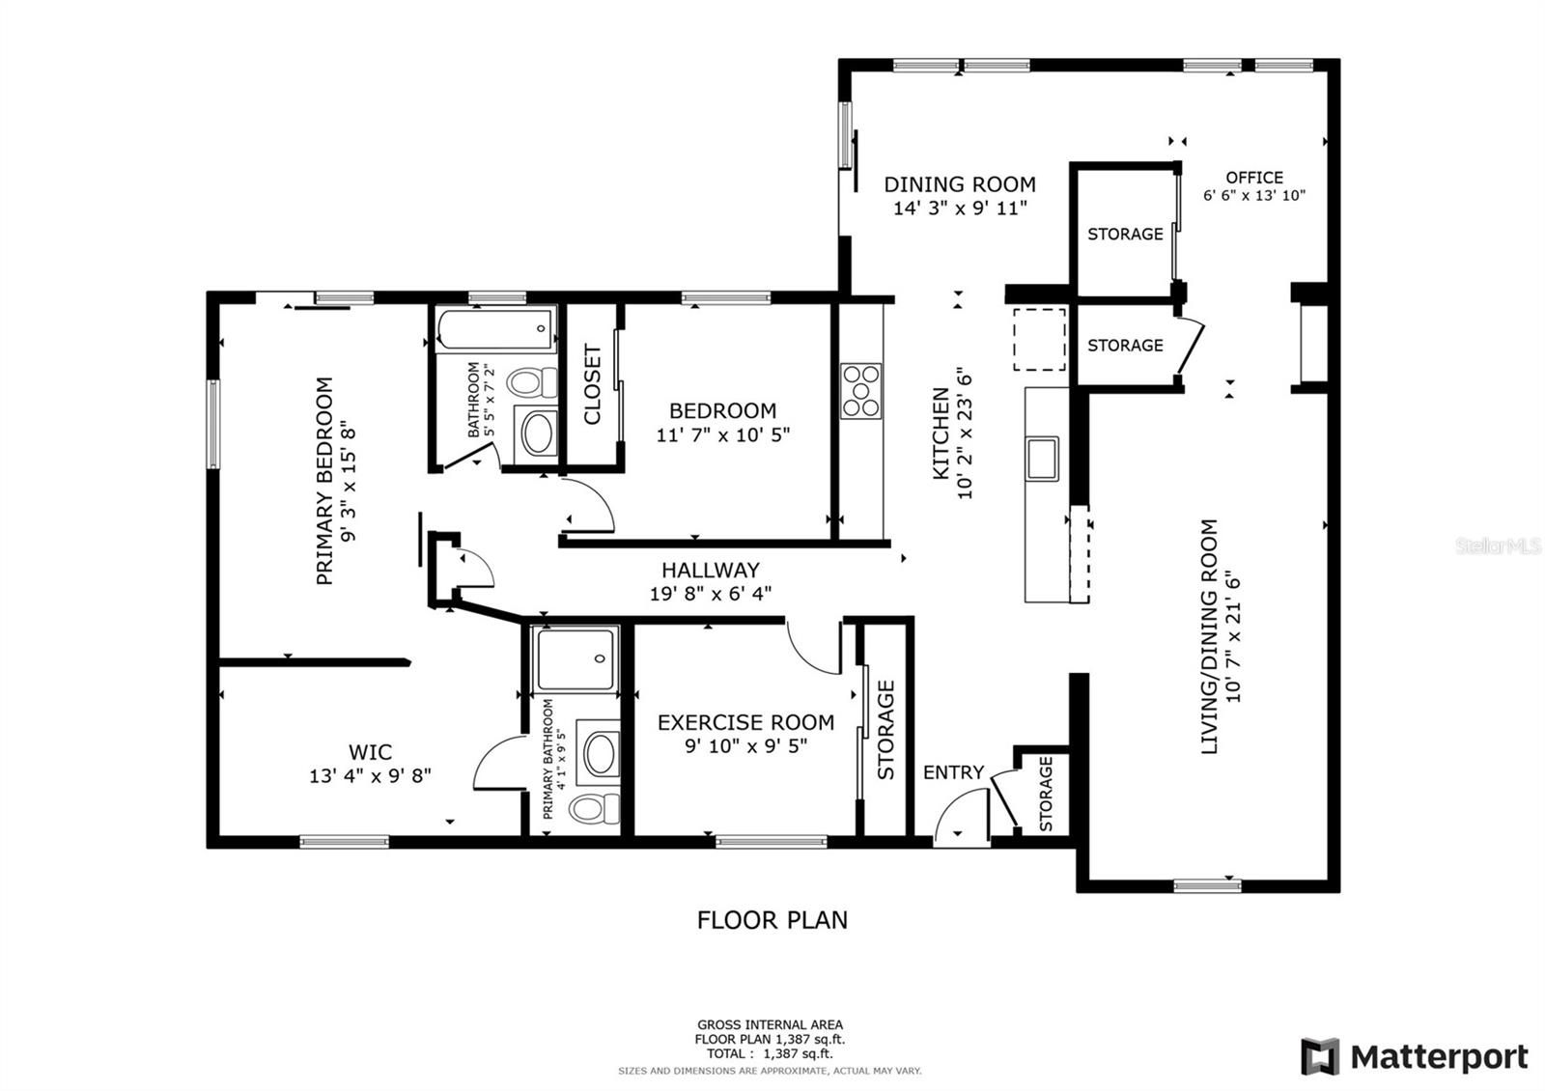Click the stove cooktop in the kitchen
click(860, 391)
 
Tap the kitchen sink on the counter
click(1042, 458)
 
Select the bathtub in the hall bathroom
click(495, 329)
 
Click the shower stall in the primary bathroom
click(576, 659)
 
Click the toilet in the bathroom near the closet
click(532, 382)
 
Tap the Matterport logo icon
click(1320, 1056)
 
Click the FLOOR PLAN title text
click(772, 920)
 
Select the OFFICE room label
click(1254, 178)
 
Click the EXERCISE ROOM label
click(745, 722)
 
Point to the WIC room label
click(371, 752)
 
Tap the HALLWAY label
click(711, 570)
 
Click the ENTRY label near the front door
click(953, 772)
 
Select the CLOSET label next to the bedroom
click(593, 384)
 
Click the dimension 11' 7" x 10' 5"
click(722, 434)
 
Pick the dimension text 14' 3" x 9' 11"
click(960, 208)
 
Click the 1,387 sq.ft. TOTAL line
click(769, 1054)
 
